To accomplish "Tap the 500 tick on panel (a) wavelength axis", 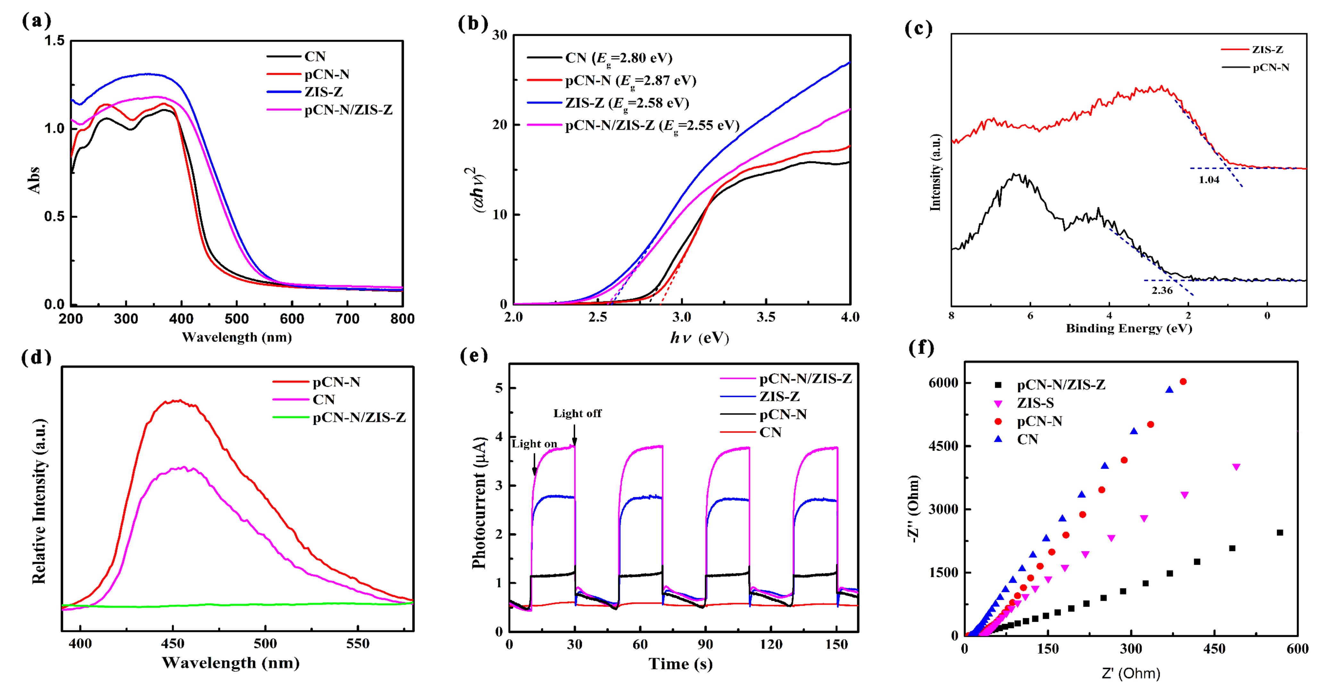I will tap(237, 319).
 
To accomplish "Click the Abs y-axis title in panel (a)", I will tap(34, 180).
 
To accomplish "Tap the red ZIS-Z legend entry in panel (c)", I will tap(1267, 50).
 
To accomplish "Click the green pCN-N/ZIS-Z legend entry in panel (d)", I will tap(359, 418).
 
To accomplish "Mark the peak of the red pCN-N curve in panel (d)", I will tap(177, 401).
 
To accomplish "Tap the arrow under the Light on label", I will tap(534, 464).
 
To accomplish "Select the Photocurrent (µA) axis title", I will tap(478, 502).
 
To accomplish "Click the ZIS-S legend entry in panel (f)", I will tap(1035, 403).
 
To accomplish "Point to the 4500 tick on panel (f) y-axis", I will tap(943, 446).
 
